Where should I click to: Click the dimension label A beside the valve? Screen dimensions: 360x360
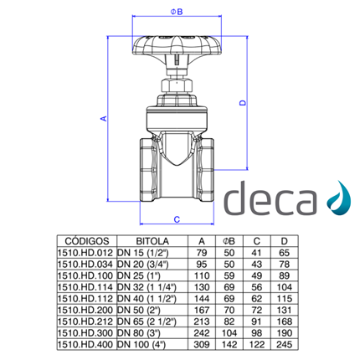(104, 120)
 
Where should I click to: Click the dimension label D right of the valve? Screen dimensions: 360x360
(242, 102)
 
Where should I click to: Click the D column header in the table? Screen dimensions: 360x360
(284, 239)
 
